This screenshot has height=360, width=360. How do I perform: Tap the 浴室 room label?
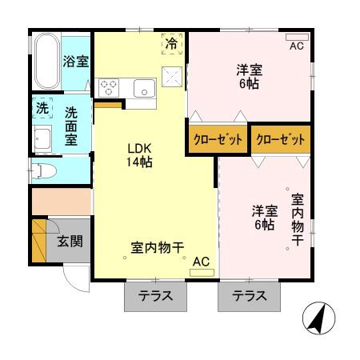pos(76,62)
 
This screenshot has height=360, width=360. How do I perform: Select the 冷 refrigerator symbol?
pos(171,44)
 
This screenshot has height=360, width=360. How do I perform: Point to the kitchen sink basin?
pos(145,87)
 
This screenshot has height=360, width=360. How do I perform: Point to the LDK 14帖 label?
pos(137,155)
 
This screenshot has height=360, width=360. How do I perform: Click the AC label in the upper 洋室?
pos(297,46)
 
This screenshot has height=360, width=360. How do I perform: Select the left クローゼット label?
pos(217,139)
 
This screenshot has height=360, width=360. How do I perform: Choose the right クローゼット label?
pos(281,139)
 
